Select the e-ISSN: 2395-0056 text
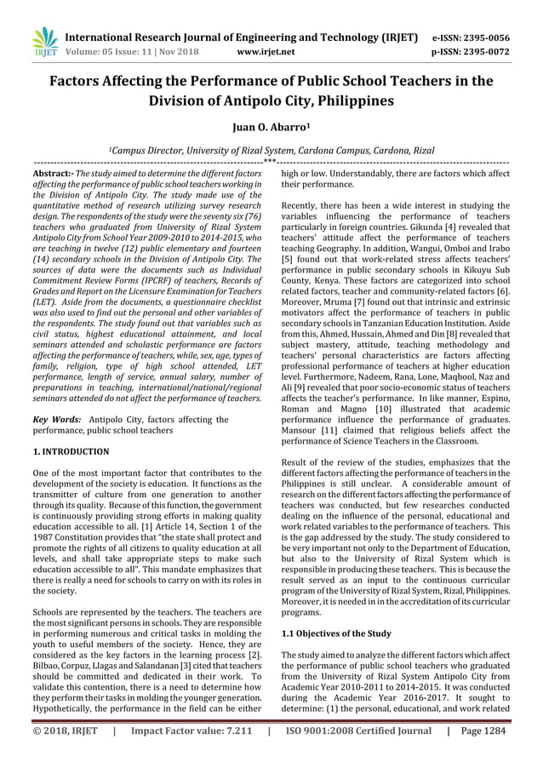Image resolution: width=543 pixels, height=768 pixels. [x=484, y=37]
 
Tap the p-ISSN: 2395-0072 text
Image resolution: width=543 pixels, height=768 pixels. [x=484, y=50]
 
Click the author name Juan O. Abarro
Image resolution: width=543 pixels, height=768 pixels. [x=271, y=129]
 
